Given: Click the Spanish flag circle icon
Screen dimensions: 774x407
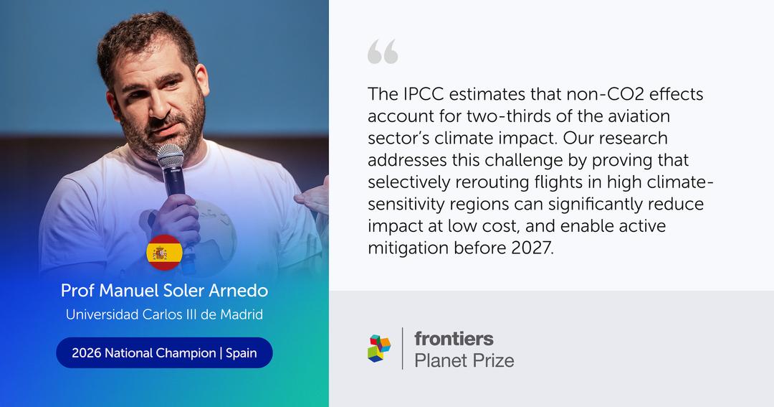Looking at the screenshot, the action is point(164,253).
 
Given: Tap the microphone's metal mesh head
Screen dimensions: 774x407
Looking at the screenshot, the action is point(171,156).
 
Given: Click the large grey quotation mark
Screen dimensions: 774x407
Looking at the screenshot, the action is point(383,52).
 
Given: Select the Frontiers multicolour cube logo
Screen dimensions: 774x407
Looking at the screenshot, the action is point(379,348).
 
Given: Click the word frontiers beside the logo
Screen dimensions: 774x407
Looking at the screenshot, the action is point(454,339).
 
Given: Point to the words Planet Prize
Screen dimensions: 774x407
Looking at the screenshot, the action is point(464,360).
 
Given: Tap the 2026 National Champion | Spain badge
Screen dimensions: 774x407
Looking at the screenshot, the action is point(164,352).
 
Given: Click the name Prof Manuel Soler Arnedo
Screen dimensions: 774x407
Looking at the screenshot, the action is point(164,290).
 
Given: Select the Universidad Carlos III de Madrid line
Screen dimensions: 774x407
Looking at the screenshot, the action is point(164,314).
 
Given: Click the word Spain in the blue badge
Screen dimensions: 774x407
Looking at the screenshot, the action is point(242,353).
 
